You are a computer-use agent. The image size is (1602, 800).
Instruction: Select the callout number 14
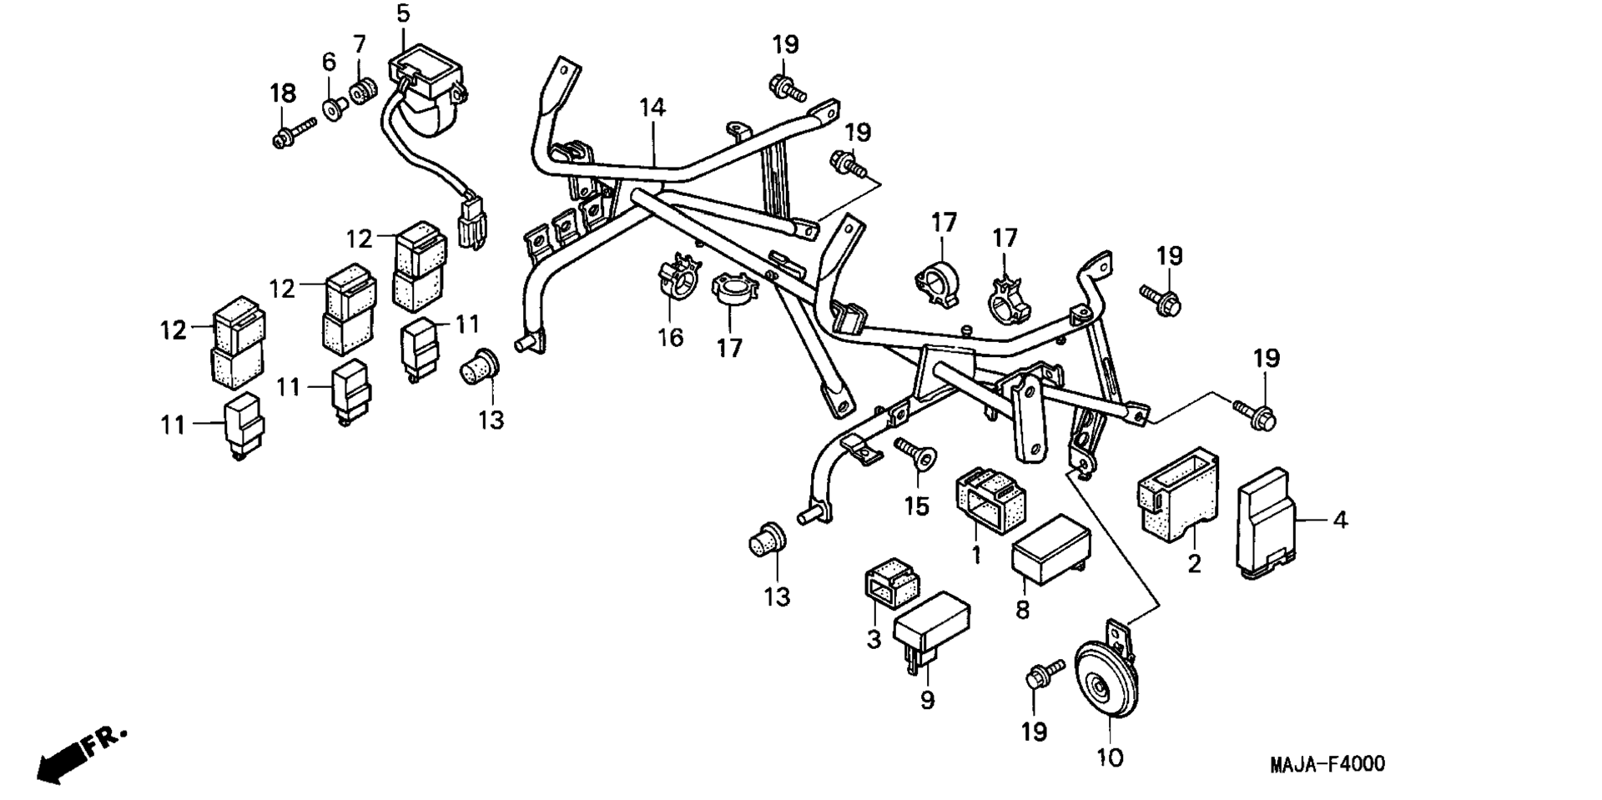pyautogui.click(x=653, y=108)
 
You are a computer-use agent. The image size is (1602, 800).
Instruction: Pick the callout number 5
pyautogui.click(x=404, y=13)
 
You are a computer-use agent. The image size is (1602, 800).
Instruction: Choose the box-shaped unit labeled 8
pyautogui.click(x=1051, y=545)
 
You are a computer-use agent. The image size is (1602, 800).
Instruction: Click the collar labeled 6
pyautogui.click(x=335, y=108)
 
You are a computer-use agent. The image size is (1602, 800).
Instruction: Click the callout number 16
pyautogui.click(x=670, y=337)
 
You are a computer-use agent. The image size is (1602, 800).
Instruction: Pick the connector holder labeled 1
pyautogui.click(x=990, y=498)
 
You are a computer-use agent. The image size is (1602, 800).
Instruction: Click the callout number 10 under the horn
pyautogui.click(x=1111, y=757)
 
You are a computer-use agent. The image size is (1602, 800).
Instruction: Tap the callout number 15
pyautogui.click(x=916, y=506)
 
